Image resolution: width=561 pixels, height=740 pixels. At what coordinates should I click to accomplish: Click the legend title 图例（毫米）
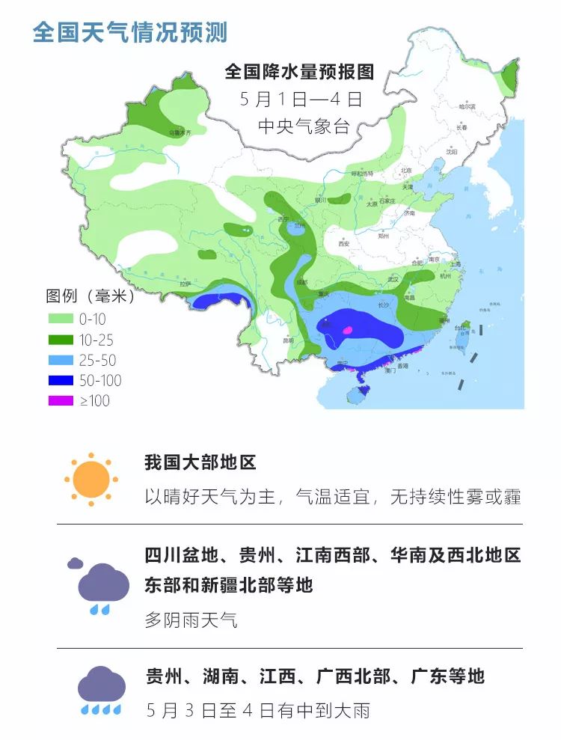pyautogui.click(x=90, y=296)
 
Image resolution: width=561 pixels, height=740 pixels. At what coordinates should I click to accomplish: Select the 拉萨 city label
pyautogui.click(x=185, y=284)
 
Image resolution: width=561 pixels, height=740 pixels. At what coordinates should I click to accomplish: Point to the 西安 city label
pyautogui.click(x=344, y=244)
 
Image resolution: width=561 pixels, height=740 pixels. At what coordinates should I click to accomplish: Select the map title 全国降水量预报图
pyautogui.click(x=299, y=71)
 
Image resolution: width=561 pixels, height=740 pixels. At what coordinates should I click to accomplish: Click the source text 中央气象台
pyautogui.click(x=304, y=126)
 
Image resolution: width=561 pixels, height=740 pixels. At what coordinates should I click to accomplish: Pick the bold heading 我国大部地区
pyautogui.click(x=200, y=462)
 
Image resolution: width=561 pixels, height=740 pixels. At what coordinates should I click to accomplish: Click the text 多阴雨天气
pyautogui.click(x=191, y=620)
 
